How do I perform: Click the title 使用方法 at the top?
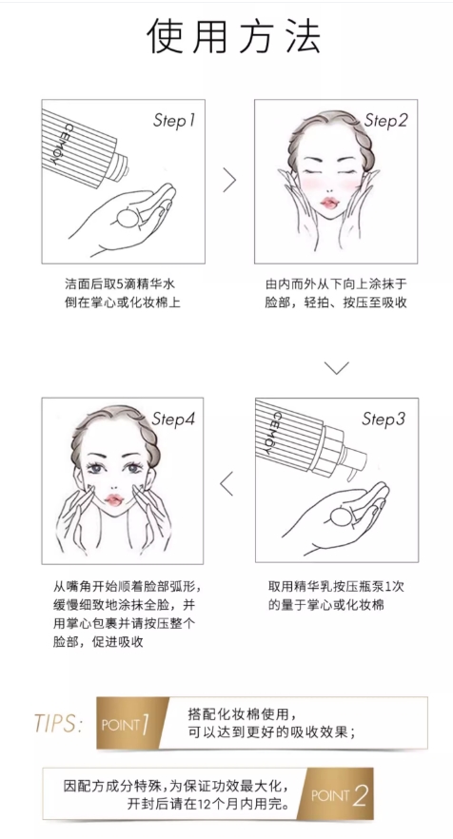click(x=233, y=36)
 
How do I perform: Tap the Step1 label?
click(x=174, y=121)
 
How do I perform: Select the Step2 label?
click(x=385, y=121)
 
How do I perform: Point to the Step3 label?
click(x=384, y=419)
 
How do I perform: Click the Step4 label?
click(x=173, y=419)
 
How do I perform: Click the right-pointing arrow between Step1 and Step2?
click(x=229, y=180)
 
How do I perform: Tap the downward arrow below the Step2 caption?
click(x=336, y=367)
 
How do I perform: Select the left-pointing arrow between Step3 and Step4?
click(x=226, y=483)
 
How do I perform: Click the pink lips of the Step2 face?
click(x=328, y=204)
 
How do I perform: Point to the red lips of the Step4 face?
click(x=114, y=499)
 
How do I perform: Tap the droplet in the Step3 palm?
click(x=340, y=517)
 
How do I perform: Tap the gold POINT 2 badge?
click(x=337, y=794)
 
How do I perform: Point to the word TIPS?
click(x=58, y=723)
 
